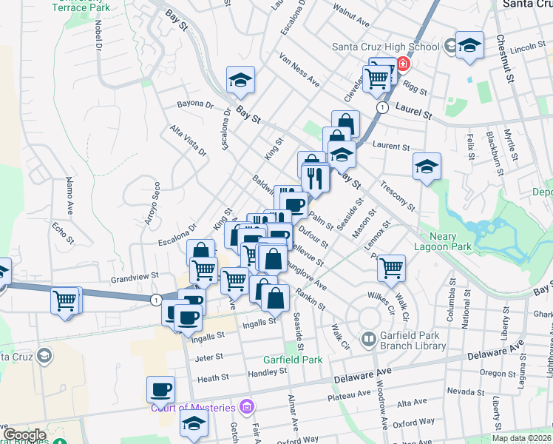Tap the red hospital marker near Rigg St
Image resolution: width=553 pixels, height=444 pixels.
(403, 64)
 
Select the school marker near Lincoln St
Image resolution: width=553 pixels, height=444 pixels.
(469, 46)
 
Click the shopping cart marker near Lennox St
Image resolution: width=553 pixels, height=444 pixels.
(391, 269)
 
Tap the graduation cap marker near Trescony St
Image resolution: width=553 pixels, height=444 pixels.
(427, 167)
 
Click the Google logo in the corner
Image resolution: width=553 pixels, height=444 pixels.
(24, 435)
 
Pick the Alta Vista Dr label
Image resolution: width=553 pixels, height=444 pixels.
(189, 141)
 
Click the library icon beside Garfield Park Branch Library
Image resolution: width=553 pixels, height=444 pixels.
(368, 340)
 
